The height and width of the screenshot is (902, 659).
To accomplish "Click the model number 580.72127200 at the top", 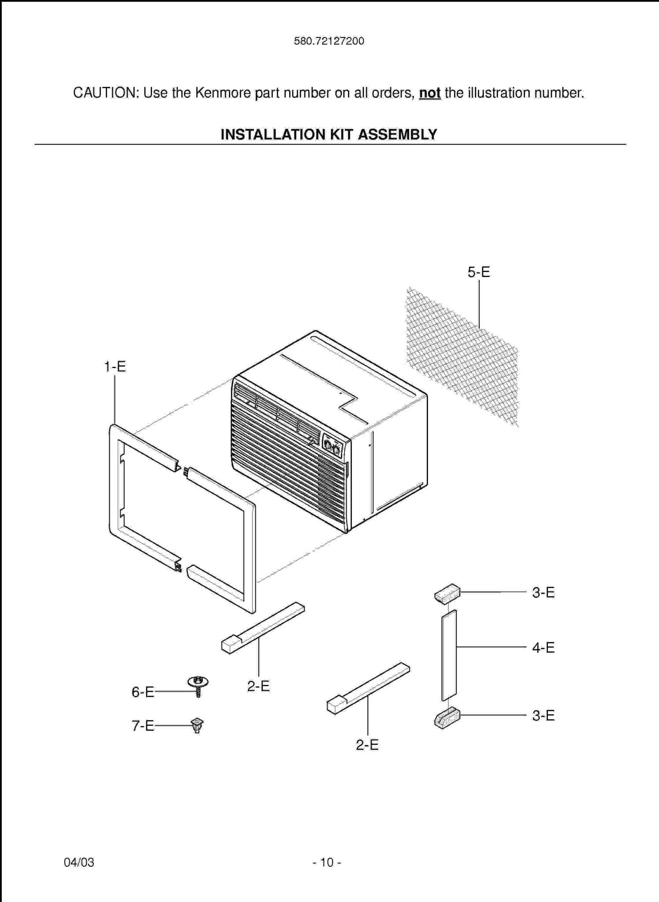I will pyautogui.click(x=329, y=41).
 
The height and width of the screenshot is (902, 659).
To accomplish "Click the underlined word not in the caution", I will pyautogui.click(x=429, y=93).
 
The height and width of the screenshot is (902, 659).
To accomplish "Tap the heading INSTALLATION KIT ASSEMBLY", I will pyautogui.click(x=329, y=134).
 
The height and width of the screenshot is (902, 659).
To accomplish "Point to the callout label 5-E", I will pyautogui.click(x=479, y=272).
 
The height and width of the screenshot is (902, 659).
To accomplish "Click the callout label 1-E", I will pyautogui.click(x=115, y=366).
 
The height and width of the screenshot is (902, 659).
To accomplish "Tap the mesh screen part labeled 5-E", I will pyautogui.click(x=462, y=357).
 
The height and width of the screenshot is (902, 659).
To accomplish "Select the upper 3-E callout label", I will pyautogui.click(x=543, y=593).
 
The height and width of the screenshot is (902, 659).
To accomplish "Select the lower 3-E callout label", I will pyautogui.click(x=543, y=715).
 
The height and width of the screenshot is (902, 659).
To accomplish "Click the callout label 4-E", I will pyautogui.click(x=543, y=647).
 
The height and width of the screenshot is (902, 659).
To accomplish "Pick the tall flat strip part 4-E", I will pyautogui.click(x=449, y=655).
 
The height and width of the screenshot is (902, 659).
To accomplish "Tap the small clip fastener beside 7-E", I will pyautogui.click(x=197, y=725).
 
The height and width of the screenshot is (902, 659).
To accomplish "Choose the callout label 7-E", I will pyautogui.click(x=143, y=726).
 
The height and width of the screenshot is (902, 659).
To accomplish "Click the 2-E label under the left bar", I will pyautogui.click(x=258, y=686).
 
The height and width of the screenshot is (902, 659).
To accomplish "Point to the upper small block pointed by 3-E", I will pyautogui.click(x=447, y=594).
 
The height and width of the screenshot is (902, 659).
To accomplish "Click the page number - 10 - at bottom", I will pyautogui.click(x=327, y=862).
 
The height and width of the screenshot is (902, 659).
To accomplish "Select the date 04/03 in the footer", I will pyautogui.click(x=79, y=862).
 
